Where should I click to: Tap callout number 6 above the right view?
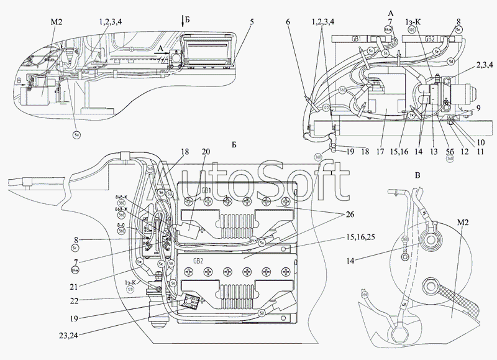(288, 22)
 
